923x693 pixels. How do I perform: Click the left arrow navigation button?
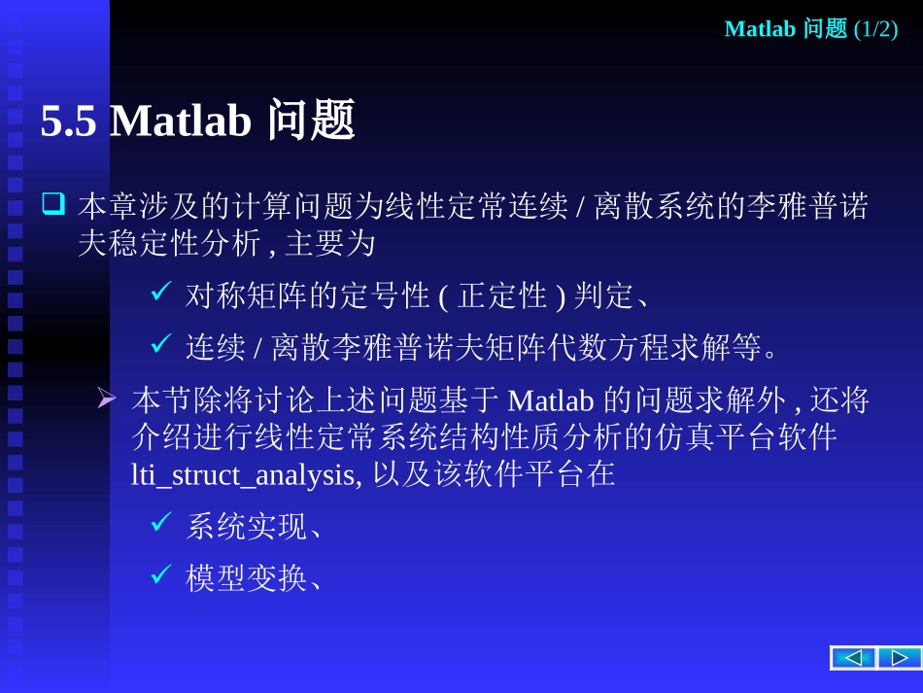point(852,658)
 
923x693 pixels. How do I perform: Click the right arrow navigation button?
point(899,658)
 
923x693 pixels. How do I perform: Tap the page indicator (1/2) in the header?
point(875,29)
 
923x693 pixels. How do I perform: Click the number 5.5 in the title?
point(68,122)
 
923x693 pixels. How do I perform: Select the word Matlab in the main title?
point(181,122)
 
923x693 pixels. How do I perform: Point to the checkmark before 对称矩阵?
point(161,292)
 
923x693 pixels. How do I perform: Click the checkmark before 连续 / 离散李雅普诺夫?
point(161,344)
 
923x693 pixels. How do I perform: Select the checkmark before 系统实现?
point(161,525)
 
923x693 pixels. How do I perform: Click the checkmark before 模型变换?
point(161,576)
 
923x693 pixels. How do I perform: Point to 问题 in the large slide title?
point(311,122)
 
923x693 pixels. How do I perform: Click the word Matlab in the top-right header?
point(761,29)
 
